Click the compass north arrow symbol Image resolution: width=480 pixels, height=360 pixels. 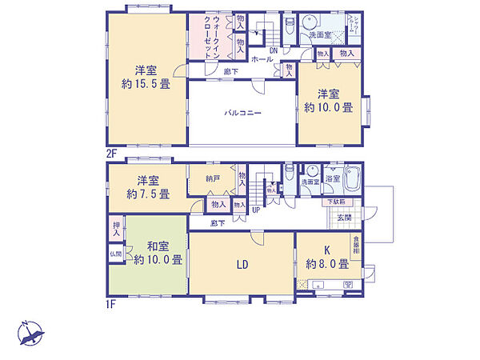click(x=30, y=330)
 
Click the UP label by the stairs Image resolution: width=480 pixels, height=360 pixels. click(x=255, y=211)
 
